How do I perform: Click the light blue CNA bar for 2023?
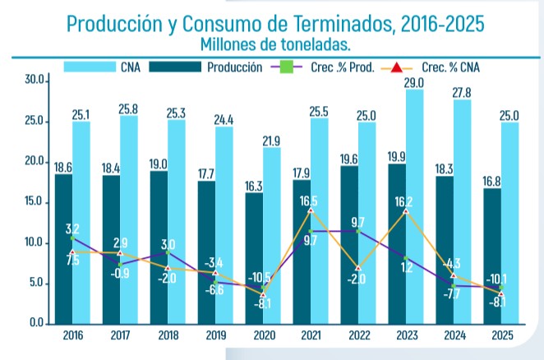(x=414, y=205)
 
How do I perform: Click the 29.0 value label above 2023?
(x=414, y=82)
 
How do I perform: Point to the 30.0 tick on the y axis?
(x=35, y=81)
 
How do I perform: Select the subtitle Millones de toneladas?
(x=274, y=42)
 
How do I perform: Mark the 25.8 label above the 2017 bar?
(x=130, y=108)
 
